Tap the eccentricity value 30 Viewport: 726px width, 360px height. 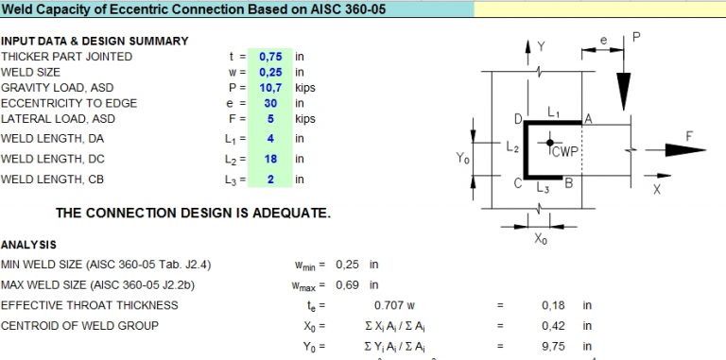(x=270, y=104)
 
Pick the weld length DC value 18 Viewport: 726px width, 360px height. (x=270, y=159)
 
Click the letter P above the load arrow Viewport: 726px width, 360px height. (x=636, y=37)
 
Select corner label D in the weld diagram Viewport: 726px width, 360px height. (x=517, y=119)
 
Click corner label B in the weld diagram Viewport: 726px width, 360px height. (x=569, y=184)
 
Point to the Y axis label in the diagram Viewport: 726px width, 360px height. (x=542, y=45)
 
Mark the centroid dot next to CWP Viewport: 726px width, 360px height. (x=549, y=143)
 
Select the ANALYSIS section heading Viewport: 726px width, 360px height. (x=28, y=245)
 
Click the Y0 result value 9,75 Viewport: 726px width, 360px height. (x=553, y=347)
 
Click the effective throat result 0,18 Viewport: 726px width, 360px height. (x=553, y=305)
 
